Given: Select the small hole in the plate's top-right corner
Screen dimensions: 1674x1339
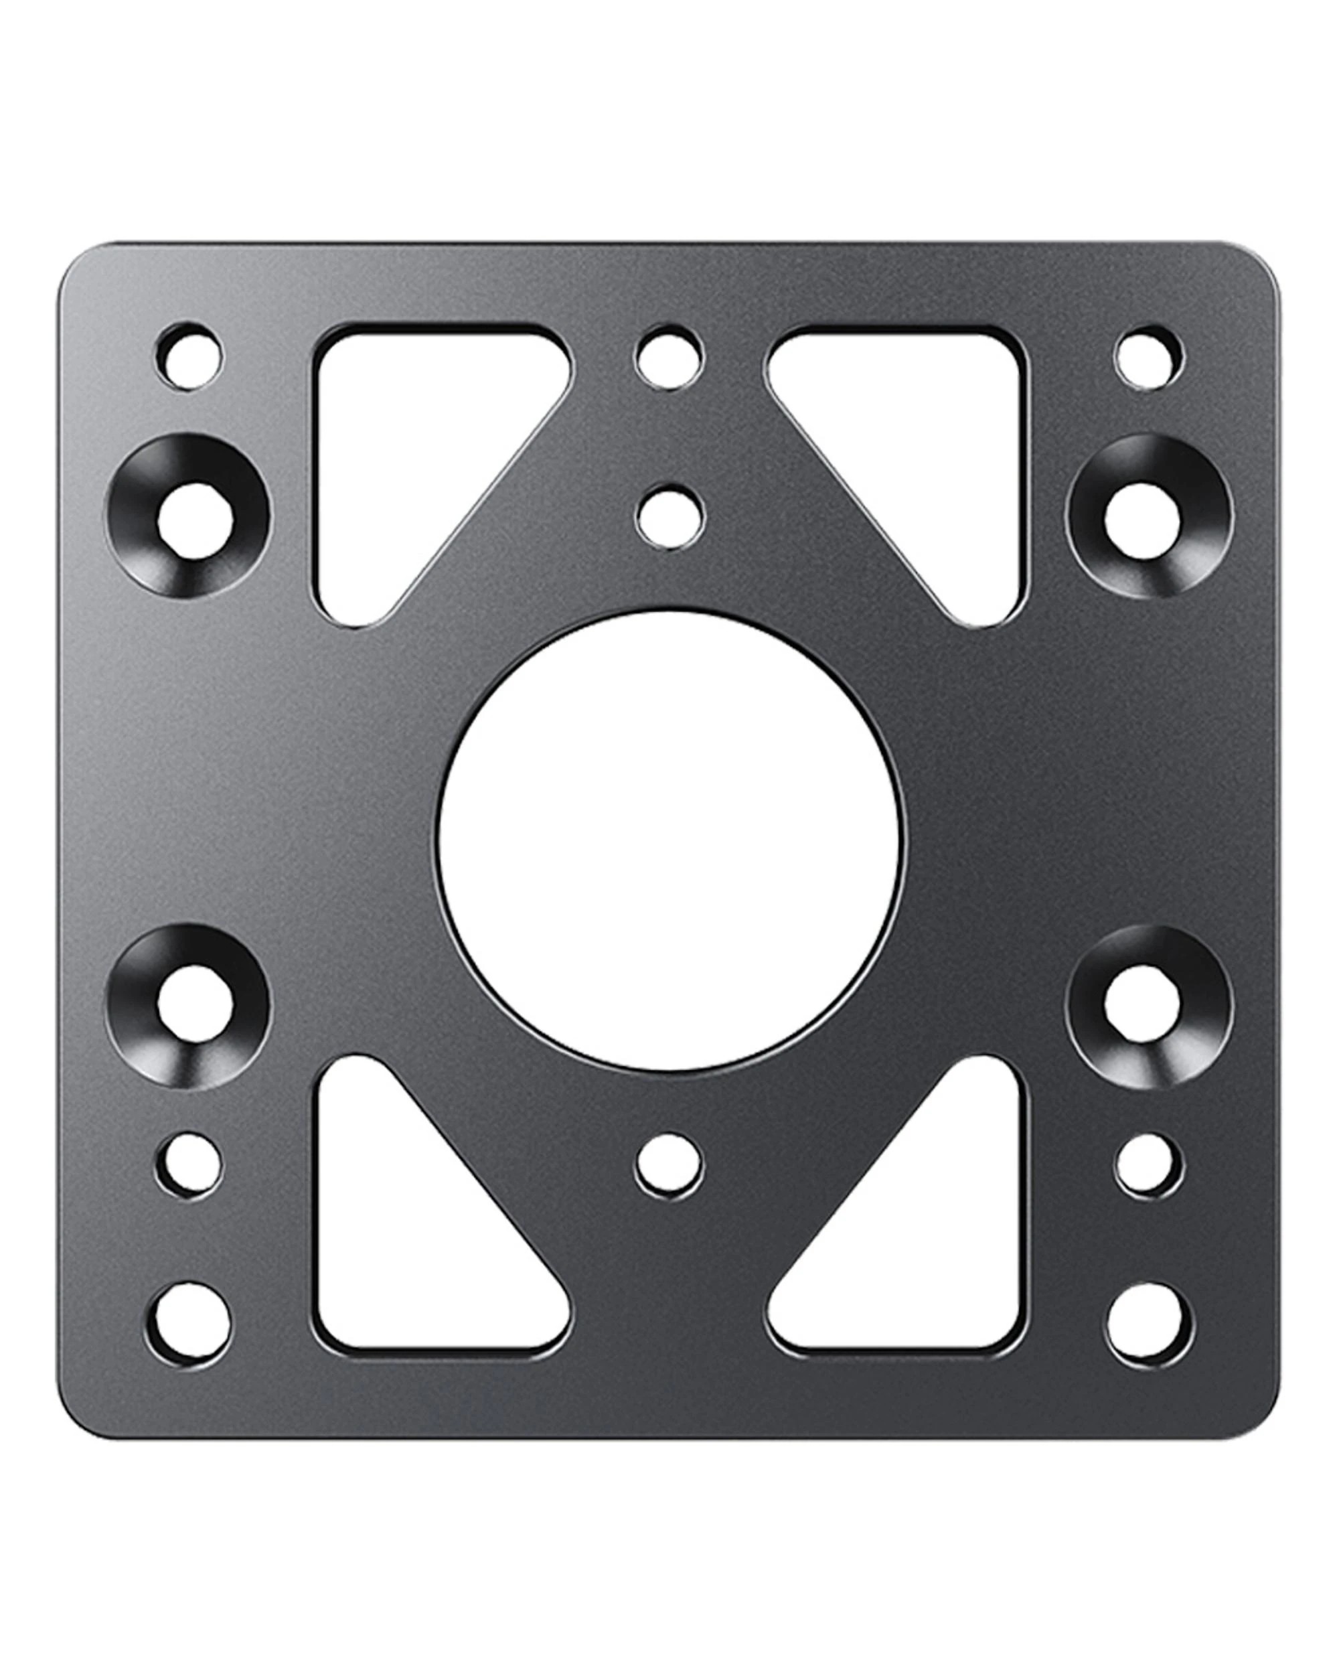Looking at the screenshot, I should [x=1150, y=358].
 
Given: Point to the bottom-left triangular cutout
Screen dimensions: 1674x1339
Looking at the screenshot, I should [x=404, y=1235].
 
